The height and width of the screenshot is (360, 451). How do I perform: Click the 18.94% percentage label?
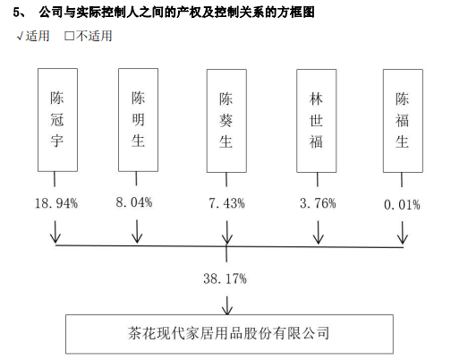[x=56, y=203]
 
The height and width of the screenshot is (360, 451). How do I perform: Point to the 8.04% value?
[x=134, y=202]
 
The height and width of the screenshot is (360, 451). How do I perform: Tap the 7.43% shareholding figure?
[x=226, y=203]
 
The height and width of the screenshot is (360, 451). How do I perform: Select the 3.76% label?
[x=318, y=203]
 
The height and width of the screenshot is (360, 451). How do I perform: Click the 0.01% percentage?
[x=402, y=205]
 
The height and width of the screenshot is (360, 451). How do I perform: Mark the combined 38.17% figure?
[x=225, y=279]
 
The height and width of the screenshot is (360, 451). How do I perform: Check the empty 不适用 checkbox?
[x=69, y=36]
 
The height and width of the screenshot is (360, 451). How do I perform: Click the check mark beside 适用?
[x=20, y=37]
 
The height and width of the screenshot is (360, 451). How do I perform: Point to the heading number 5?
[x=17, y=13]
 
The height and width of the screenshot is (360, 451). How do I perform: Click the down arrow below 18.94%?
[x=55, y=232]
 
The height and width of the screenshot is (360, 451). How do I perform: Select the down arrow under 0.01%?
[x=403, y=233]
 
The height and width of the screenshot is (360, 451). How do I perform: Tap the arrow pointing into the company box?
[x=227, y=305]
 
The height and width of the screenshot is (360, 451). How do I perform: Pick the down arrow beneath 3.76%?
[x=319, y=232]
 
